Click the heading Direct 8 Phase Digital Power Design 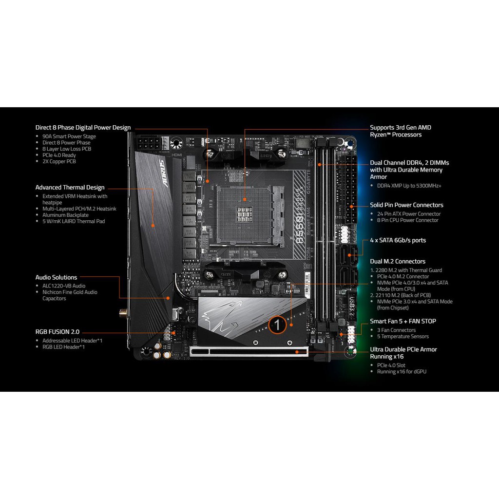pyautogui.click(x=83, y=128)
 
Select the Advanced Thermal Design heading pyautogui.click(x=70, y=187)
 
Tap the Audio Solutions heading pyautogui.click(x=56, y=277)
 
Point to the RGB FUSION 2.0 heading pyautogui.click(x=57, y=331)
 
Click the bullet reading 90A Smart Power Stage pyautogui.click(x=69, y=136)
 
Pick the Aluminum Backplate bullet pyautogui.click(x=65, y=215)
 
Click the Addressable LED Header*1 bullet pyautogui.click(x=72, y=341)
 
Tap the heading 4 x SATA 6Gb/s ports pyautogui.click(x=398, y=240)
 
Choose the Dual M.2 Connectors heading pyautogui.click(x=398, y=261)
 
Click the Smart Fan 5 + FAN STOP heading pyautogui.click(x=403, y=321)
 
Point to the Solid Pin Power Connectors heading pyautogui.click(x=406, y=205)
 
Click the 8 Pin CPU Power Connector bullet pyautogui.click(x=408, y=220)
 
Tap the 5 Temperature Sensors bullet pyautogui.click(x=403, y=336)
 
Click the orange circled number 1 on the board pyautogui.click(x=277, y=323)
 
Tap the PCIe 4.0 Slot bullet pyautogui.click(x=391, y=365)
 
